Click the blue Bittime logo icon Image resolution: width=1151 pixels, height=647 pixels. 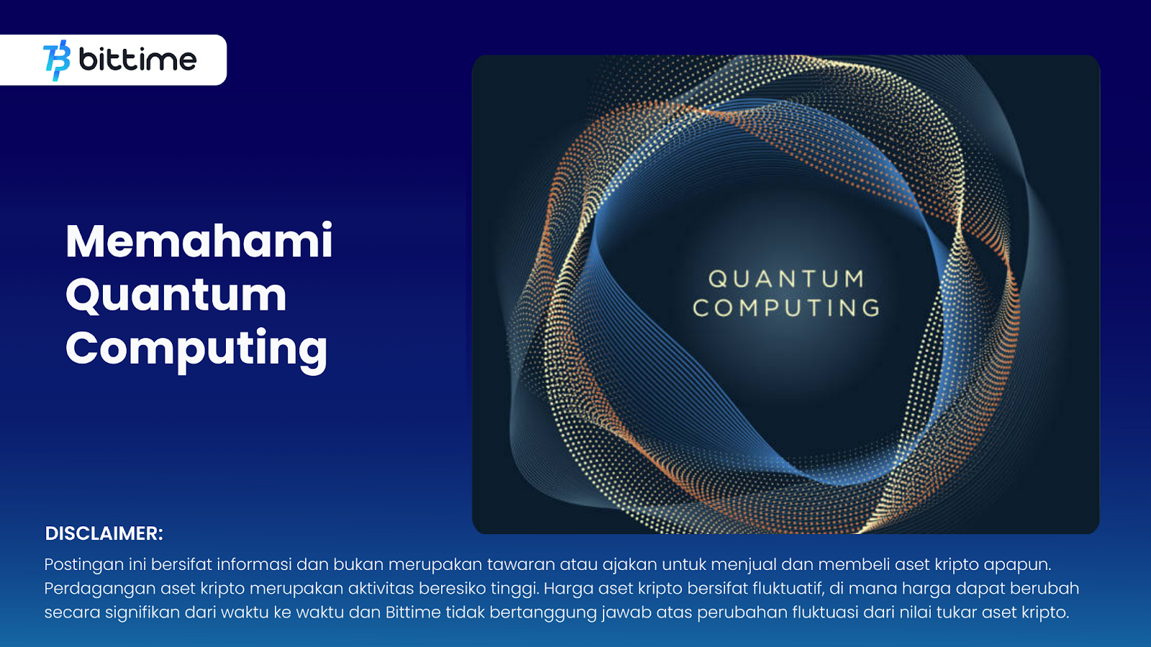click(57, 60)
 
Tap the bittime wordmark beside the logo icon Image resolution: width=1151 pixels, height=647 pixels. click(137, 59)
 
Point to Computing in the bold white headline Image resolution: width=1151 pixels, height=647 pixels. click(196, 349)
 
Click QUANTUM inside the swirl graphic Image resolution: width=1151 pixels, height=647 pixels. click(786, 280)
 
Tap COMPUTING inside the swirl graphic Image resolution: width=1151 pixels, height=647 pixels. click(786, 308)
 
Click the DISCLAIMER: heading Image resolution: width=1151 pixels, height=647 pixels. click(104, 533)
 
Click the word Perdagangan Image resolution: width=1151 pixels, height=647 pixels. click(100, 589)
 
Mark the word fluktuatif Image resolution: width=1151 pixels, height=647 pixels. click(788, 589)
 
